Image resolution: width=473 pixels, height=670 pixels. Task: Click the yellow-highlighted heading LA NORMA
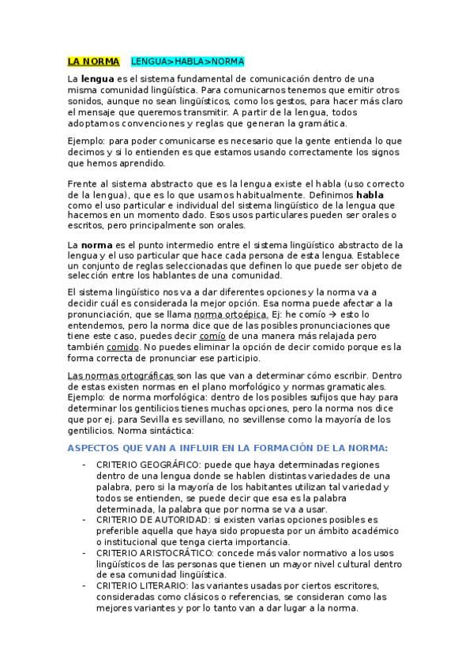(93, 62)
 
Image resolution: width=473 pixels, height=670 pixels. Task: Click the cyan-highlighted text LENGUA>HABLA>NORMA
(187, 62)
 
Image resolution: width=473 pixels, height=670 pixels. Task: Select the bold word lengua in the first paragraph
(97, 79)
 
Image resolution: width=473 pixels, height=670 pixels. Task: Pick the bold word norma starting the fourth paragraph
(97, 245)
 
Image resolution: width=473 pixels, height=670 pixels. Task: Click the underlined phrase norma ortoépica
(225, 314)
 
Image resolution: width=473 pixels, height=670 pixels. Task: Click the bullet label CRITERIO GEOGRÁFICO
(144, 465)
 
